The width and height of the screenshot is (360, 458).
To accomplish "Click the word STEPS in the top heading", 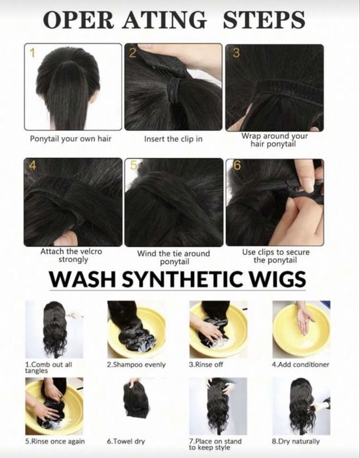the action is tap(264, 20).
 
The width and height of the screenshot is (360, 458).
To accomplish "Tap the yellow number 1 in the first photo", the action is tap(32, 53).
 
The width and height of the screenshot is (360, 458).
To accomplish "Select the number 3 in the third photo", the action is tap(236, 52).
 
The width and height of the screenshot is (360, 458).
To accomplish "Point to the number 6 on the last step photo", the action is tap(237, 165).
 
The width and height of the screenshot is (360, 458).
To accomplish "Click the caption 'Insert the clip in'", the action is tap(173, 139).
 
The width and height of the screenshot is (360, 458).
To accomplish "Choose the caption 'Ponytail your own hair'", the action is tap(71, 138).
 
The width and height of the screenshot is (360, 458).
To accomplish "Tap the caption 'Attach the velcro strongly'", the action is tap(71, 256).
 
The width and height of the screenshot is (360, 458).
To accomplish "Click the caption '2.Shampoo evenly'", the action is tap(136, 364).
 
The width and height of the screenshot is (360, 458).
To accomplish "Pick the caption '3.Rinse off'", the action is tap(206, 364).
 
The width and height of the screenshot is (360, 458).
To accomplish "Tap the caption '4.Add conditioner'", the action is tap(301, 364).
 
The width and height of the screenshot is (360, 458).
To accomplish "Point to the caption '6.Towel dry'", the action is tap(126, 441).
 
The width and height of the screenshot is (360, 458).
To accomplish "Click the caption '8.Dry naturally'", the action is tap(296, 441).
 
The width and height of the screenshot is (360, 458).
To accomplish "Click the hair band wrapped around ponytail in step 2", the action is tap(174, 90).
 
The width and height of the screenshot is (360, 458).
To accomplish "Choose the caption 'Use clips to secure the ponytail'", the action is tap(275, 256).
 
